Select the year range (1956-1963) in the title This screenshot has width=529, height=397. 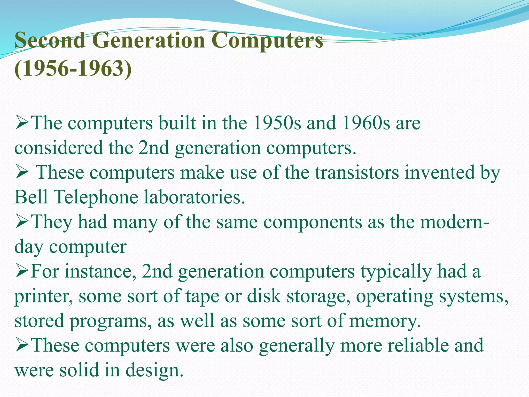(73, 69)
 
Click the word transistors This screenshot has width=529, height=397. (357, 172)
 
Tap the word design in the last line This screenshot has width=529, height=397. (154, 370)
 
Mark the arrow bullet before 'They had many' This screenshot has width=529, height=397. (22, 223)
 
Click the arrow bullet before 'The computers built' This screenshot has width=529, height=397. (22, 123)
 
